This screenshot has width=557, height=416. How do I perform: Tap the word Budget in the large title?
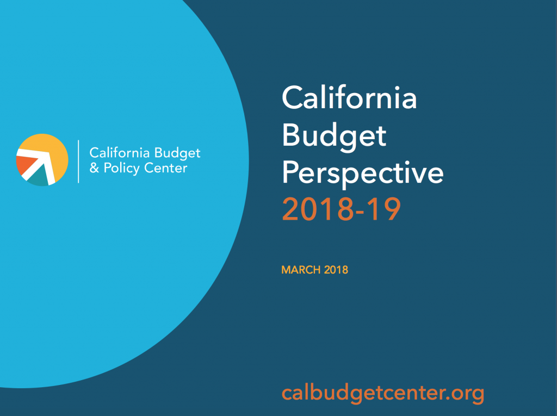[334, 137]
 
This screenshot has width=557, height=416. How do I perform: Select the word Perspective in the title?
[363, 173]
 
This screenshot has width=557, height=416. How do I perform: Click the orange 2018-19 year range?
[342, 209]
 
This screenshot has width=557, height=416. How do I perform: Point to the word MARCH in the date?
[301, 270]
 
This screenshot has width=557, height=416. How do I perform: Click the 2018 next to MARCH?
[336, 270]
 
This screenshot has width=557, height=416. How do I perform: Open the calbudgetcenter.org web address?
[383, 393]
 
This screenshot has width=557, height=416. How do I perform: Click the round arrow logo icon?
[42, 160]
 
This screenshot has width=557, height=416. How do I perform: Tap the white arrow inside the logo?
[39, 164]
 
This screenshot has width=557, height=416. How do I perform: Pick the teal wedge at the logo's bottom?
[39, 177]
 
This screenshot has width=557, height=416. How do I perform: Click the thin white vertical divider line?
[78, 162]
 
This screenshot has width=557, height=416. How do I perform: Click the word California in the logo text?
[119, 153]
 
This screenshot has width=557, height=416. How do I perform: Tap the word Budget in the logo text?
[177, 153]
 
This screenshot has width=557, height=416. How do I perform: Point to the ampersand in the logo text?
[94, 167]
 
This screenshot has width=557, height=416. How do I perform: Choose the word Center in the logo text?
[165, 168]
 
